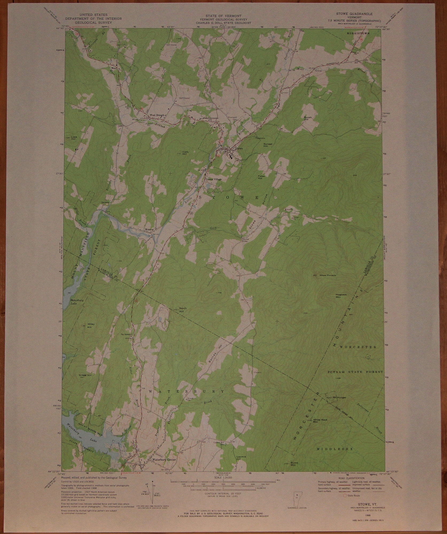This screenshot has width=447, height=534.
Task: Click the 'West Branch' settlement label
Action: [x=157, y=115]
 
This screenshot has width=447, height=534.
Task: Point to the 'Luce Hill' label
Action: [x=74, y=138]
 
